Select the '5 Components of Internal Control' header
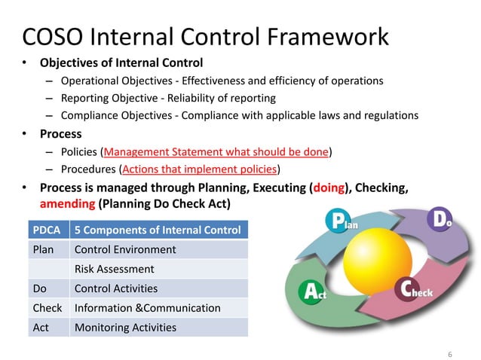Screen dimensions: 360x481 coord(158,230)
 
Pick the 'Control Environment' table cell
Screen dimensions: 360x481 coord(124,249)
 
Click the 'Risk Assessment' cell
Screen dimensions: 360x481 coord(114,269)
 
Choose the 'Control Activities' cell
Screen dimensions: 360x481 coord(115,288)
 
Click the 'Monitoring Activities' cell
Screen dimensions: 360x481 coord(124,328)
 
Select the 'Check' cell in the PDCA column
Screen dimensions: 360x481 coord(47,308)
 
